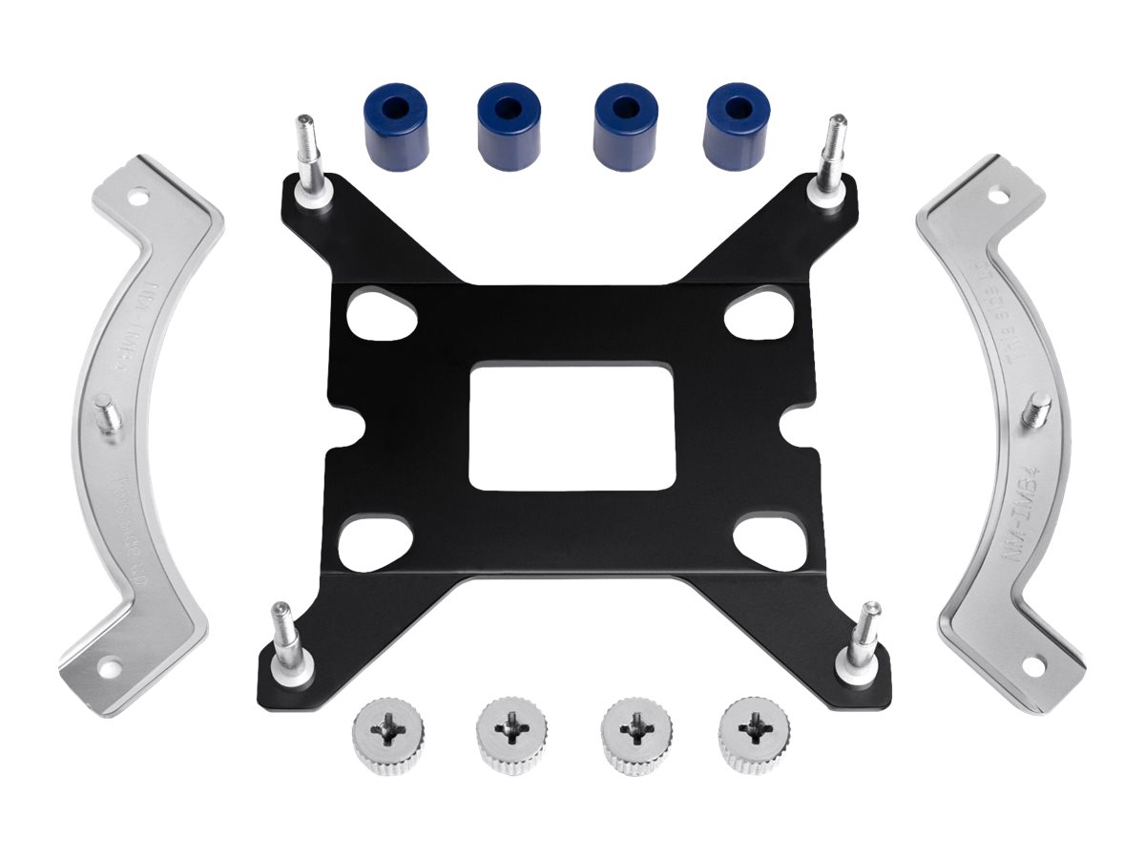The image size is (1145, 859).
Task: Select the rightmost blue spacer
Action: [736, 126]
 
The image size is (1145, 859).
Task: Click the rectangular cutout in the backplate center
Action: [572, 426]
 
